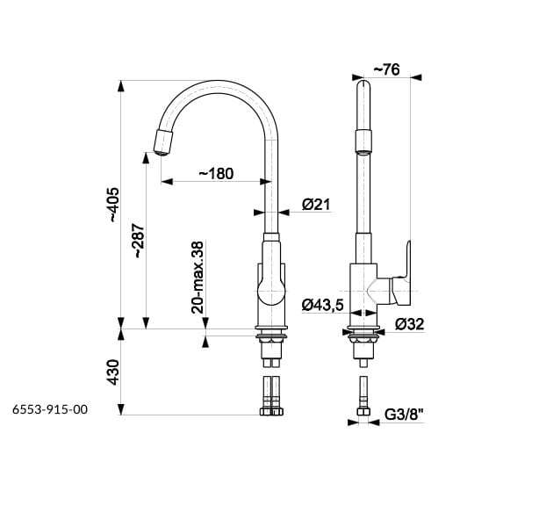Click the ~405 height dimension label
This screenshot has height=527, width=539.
tap(114, 205)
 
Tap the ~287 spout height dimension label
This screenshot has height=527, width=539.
tap(139, 241)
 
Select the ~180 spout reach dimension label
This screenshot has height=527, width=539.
tap(216, 173)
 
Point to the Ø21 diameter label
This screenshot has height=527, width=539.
tap(316, 205)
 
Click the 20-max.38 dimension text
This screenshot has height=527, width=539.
tap(198, 278)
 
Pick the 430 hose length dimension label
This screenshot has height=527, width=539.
tap(113, 372)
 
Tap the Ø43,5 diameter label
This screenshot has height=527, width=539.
tap(323, 305)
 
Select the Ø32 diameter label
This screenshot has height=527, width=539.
tap(409, 324)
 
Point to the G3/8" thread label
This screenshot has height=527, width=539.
tap(404, 415)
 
